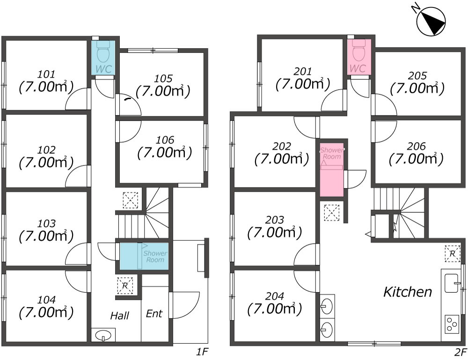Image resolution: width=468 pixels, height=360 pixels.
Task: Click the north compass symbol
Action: point(431,22)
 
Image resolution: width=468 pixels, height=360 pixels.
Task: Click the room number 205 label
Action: point(417,75)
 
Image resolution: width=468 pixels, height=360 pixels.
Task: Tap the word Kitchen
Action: point(407,292)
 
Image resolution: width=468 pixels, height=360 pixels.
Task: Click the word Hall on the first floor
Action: point(119,316)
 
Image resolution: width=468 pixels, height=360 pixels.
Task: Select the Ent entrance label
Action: point(154,313)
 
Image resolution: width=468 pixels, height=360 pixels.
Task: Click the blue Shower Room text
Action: point(155,256)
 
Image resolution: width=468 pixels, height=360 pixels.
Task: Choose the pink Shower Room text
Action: point(332,153)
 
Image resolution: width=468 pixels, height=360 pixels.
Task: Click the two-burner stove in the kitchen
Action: point(451,324)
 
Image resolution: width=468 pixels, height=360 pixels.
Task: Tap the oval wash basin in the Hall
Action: point(103,335)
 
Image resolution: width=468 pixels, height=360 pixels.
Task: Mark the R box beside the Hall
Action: point(125,285)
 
